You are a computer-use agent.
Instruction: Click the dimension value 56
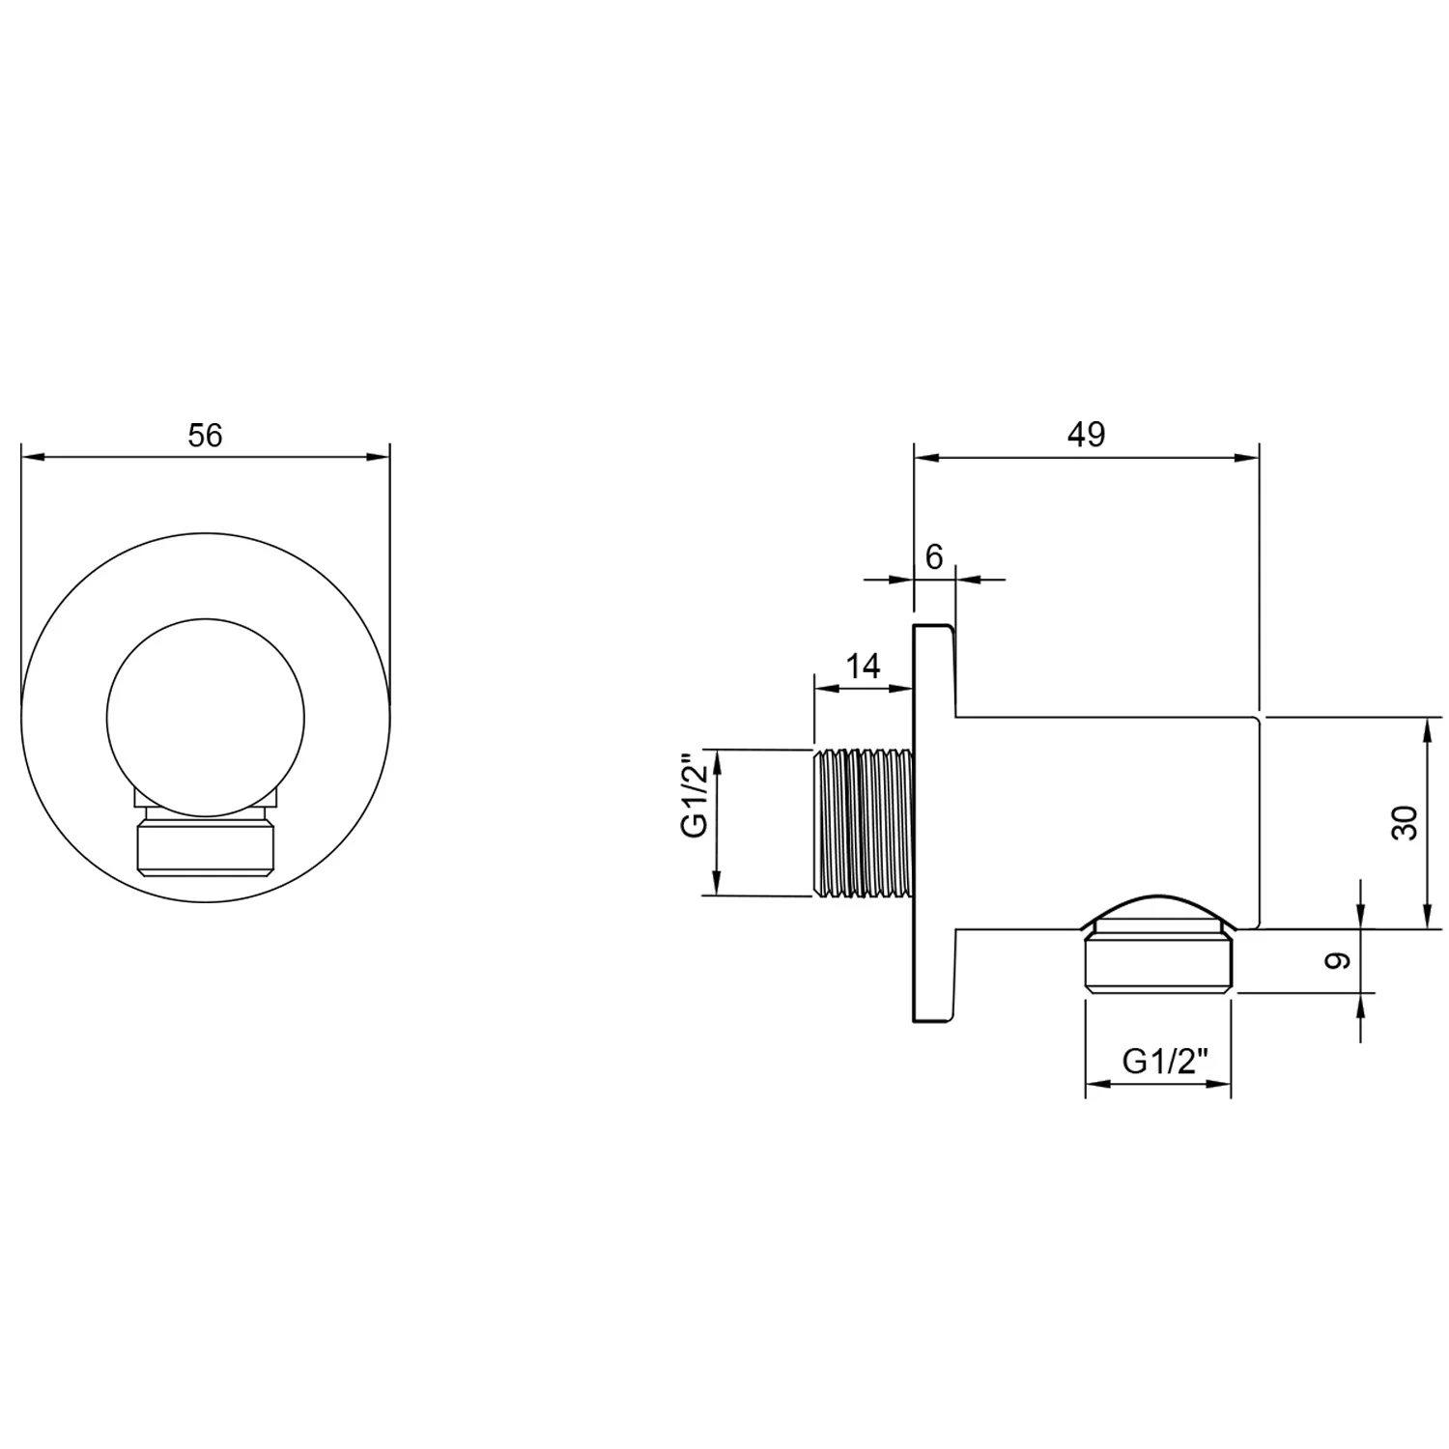pos(205,436)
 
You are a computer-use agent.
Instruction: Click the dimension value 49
pos(1086,435)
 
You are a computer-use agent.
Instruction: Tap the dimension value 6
pos(933,556)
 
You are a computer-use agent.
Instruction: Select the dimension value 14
pos(864,667)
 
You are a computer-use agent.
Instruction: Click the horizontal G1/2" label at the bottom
pos(1166,1062)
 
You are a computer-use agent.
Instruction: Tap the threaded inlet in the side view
pos(863,821)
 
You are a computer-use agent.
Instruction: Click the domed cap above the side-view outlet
pos(1158,910)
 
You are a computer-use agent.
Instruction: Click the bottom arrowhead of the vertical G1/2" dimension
pos(717,884)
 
